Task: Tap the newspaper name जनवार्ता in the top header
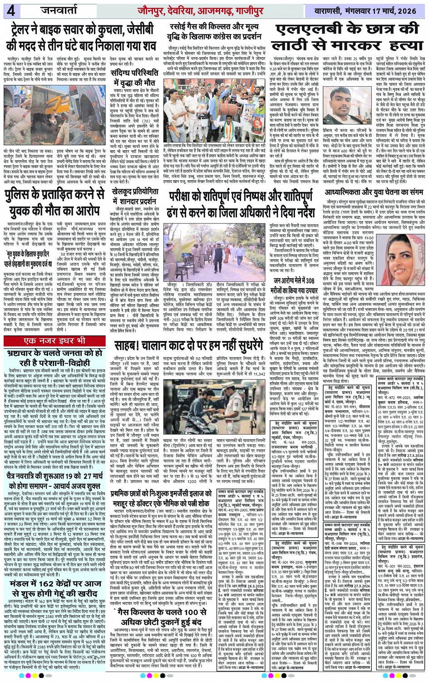[x=39, y=10]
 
